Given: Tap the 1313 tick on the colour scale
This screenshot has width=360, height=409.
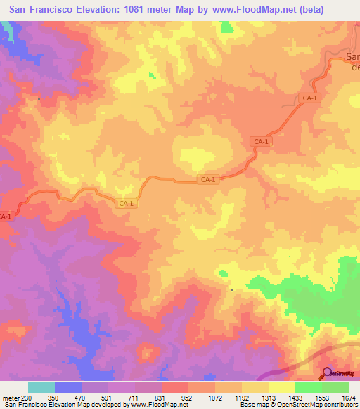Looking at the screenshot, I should point(269,397).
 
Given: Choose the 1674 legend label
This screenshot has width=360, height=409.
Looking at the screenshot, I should point(349,397).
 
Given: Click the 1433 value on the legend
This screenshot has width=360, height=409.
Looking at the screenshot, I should point(295,397).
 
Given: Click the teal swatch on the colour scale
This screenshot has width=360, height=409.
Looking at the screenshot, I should point(41,387).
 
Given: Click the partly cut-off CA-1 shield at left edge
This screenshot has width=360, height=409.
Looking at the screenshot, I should point(6,216).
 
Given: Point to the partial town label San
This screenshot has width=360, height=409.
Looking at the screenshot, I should point(353,57).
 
